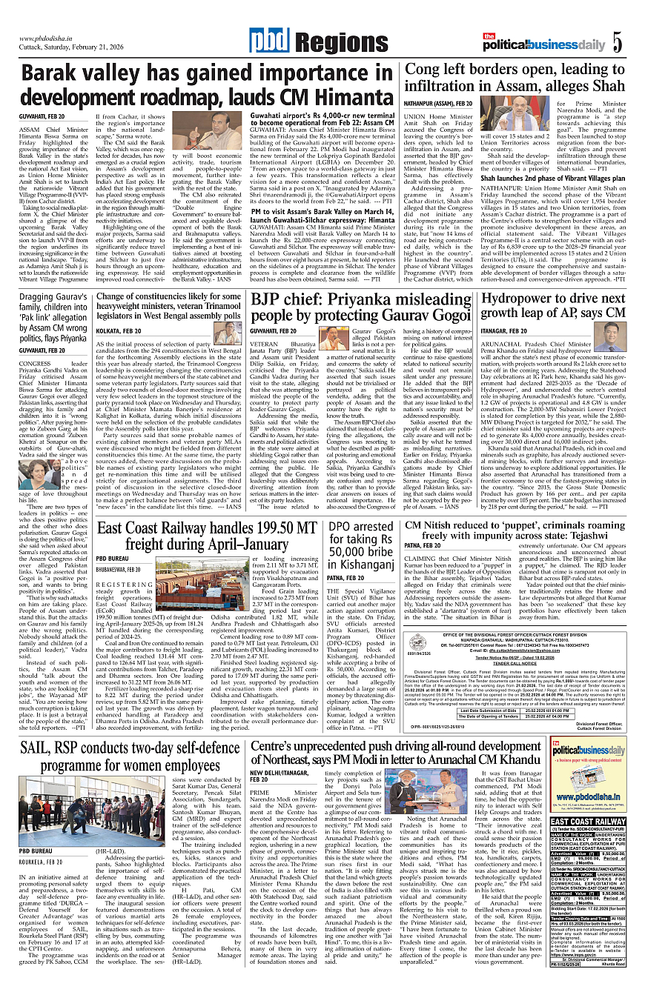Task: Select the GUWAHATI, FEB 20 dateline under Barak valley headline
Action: coord(42,116)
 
